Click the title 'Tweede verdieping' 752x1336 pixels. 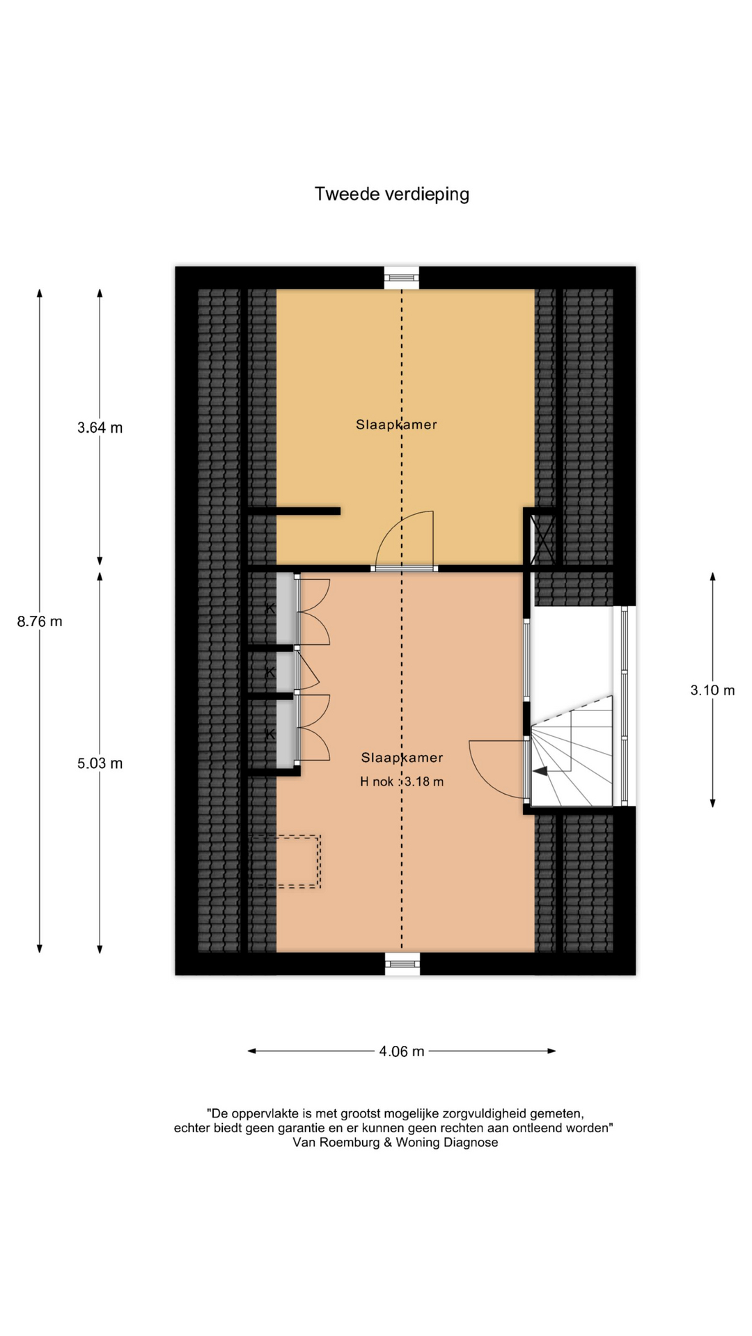[x=392, y=194]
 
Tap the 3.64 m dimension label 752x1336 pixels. [x=100, y=428]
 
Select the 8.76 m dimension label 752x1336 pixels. [x=40, y=621]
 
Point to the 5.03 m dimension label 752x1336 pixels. [x=100, y=763]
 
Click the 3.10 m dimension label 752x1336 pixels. [x=712, y=690]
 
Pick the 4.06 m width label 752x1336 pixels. [x=402, y=1051]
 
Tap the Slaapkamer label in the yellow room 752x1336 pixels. [x=396, y=424]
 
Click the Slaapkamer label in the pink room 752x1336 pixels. [x=402, y=758]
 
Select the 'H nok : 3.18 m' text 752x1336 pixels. [x=402, y=781]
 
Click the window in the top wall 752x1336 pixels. [x=402, y=278]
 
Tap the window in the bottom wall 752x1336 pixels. [x=402, y=964]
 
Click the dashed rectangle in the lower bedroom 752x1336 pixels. [x=285, y=861]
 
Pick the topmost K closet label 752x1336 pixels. [x=270, y=608]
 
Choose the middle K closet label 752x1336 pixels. [x=270, y=672]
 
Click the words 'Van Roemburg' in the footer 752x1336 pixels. [x=336, y=1143]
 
